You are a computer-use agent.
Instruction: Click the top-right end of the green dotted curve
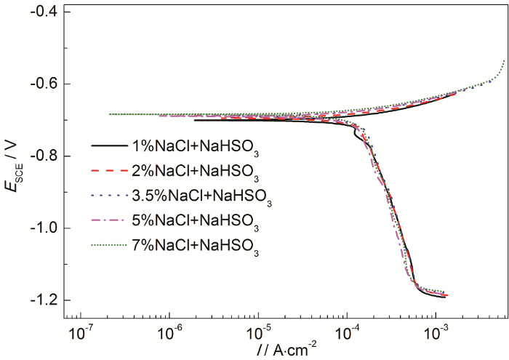tap(504, 61)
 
